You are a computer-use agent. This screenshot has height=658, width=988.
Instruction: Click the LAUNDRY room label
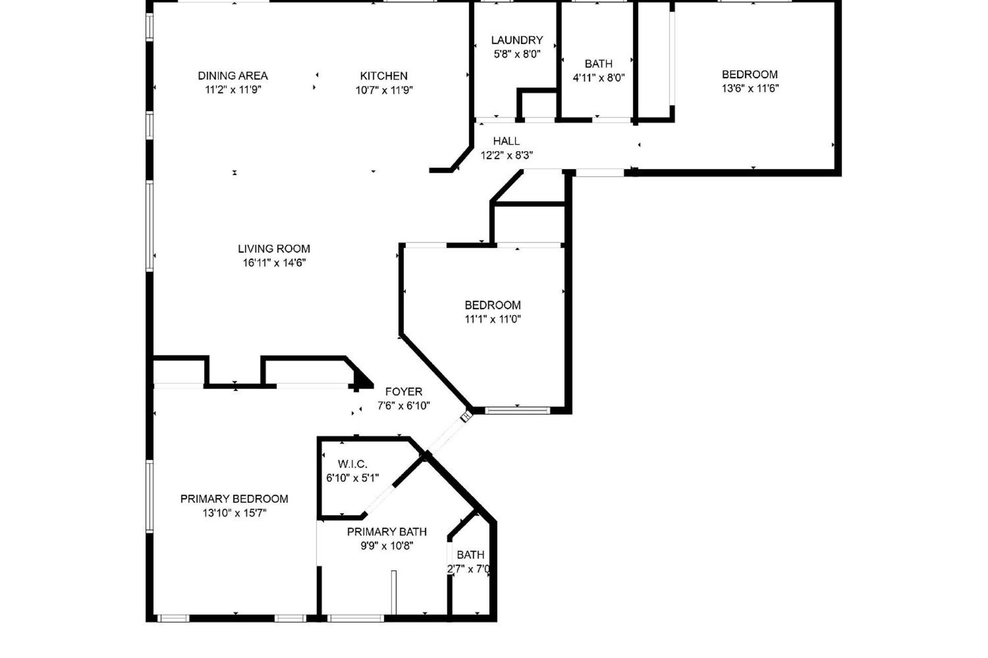pos(517,40)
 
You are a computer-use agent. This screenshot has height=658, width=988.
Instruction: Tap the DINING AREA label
pos(233,76)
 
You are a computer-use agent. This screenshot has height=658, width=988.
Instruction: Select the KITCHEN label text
pos(384,76)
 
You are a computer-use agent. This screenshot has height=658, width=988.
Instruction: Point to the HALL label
pos(506,141)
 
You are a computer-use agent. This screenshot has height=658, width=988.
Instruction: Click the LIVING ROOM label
pos(274,249)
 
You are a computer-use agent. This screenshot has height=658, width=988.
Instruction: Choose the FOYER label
pos(403,392)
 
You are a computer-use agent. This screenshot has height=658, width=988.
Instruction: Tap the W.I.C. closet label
pos(352,464)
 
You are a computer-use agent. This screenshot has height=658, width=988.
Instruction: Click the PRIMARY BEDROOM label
pos(234,499)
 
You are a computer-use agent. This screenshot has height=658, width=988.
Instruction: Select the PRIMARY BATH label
pos(387,532)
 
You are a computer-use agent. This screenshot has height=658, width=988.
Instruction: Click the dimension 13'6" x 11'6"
pos(750,88)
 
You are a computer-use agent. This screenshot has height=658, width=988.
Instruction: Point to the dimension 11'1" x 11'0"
pos(493,319)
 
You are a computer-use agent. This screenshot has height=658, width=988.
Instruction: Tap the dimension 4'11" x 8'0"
pos(599,78)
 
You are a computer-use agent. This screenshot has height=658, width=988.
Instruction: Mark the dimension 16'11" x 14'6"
pos(274,263)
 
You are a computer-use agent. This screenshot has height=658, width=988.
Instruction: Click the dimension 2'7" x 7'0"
pos(469,569)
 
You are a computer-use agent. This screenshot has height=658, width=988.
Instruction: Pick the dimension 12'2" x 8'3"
pos(507,155)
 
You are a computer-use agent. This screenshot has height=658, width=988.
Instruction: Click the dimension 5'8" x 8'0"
pos(517,54)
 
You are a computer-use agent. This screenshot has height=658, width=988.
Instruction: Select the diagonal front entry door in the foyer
pos(447,435)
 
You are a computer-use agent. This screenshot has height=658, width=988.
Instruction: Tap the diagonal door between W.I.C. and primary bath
pos(378,500)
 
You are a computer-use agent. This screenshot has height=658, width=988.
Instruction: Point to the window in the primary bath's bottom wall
pos(356,618)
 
